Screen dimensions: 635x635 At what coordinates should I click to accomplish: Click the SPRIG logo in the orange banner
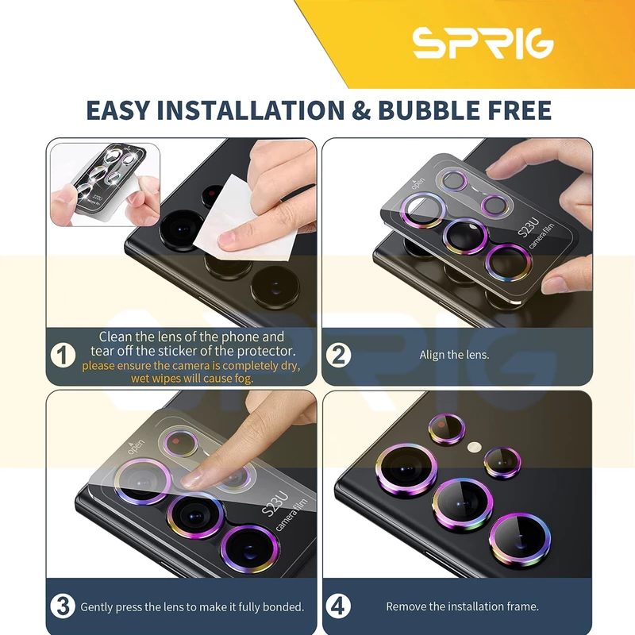(x=483, y=43)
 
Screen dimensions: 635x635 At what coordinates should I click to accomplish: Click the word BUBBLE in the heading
(x=429, y=110)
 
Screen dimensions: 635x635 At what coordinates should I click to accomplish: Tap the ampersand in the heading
(x=361, y=110)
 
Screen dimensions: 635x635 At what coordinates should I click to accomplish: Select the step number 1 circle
(x=63, y=355)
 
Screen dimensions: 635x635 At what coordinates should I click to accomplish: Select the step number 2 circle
(x=339, y=355)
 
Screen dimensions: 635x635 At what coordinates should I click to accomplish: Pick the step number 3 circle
(x=63, y=606)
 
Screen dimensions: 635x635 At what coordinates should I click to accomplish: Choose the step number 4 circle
(x=338, y=606)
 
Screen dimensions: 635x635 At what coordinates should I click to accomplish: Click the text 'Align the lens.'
(x=454, y=355)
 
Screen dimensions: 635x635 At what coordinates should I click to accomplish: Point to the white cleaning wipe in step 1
(x=243, y=219)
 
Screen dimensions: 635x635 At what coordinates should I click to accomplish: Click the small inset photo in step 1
(x=105, y=185)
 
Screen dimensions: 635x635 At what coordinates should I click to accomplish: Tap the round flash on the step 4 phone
(x=474, y=447)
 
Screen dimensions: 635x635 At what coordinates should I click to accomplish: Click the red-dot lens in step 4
(x=446, y=429)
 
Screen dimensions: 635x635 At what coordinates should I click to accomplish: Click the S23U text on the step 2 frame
(x=529, y=228)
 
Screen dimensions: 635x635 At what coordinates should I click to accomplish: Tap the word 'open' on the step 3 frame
(x=135, y=445)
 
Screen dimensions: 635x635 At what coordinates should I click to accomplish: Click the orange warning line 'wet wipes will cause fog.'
(x=192, y=379)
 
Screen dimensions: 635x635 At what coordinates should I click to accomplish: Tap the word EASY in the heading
(x=117, y=110)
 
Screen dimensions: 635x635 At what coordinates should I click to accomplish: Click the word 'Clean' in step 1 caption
(x=115, y=337)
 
